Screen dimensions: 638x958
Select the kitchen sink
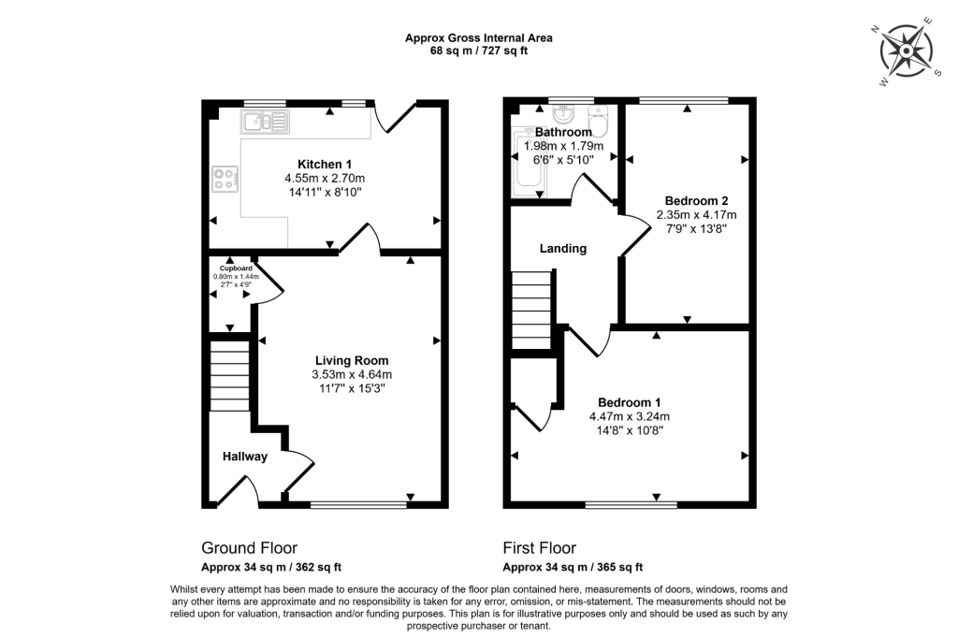point(265,120)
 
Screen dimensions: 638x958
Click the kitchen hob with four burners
point(225,178)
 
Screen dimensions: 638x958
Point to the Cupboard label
point(230,268)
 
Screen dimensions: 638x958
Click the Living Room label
point(351,360)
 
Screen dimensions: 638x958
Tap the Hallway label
point(245,457)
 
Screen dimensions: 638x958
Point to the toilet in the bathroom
point(599,119)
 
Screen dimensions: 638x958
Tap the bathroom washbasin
point(563,115)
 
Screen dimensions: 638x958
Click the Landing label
point(563,249)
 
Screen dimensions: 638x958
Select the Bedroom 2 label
point(690,200)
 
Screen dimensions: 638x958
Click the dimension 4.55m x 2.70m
point(325,179)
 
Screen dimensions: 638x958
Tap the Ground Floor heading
point(250,548)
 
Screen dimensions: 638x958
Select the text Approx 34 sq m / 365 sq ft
point(573,568)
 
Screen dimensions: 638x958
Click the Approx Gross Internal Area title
point(478,38)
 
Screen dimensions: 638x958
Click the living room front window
point(358,505)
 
